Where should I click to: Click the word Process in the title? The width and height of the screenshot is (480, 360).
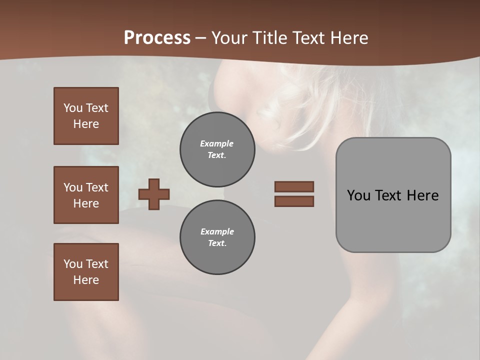[157, 38]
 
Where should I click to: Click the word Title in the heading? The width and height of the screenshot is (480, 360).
[270, 38]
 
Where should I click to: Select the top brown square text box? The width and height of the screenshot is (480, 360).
[86, 116]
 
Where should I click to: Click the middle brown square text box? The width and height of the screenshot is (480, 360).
[86, 195]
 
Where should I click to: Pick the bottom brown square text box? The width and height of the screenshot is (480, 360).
[86, 272]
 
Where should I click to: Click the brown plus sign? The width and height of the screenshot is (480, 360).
[154, 194]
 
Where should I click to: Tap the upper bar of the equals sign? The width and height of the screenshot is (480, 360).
[294, 186]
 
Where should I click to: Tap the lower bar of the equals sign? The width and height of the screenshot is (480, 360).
[294, 201]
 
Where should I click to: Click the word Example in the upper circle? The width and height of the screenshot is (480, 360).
[217, 143]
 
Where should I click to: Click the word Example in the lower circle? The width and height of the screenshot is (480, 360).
[217, 231]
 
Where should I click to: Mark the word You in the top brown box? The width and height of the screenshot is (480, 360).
[72, 108]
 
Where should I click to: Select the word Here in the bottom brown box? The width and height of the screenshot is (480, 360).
[86, 280]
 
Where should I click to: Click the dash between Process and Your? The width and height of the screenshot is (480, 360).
[201, 38]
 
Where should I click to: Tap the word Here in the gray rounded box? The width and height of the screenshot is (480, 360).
[422, 195]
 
